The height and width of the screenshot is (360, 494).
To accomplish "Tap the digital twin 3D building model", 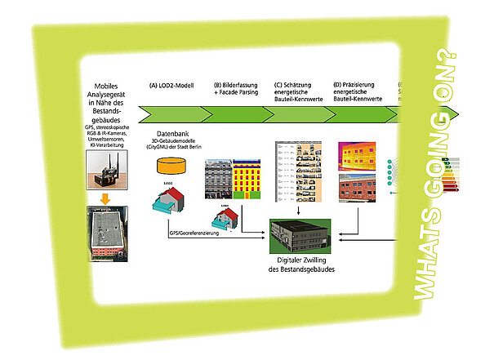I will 306,237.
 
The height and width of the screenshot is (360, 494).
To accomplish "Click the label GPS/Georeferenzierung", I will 198,233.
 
